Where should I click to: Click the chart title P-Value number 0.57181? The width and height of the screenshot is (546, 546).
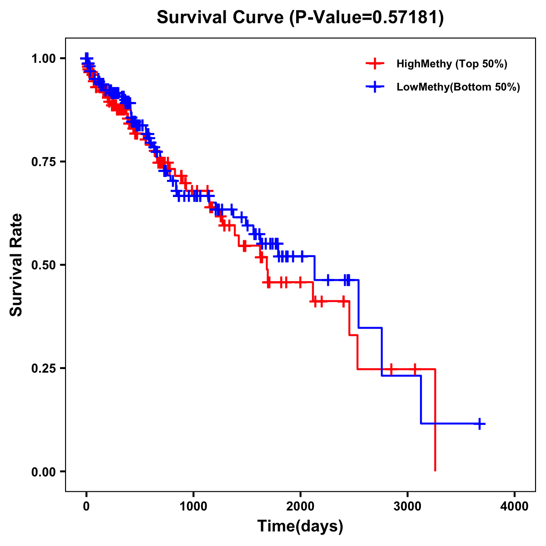point(406,17)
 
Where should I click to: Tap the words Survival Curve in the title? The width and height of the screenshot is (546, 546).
point(221,17)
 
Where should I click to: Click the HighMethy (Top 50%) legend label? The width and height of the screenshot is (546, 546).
point(451,64)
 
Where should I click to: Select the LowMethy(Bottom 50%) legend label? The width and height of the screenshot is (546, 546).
point(458,87)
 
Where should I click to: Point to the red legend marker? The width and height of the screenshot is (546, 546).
point(374,64)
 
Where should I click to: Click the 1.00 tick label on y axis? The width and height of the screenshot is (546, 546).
point(43,58)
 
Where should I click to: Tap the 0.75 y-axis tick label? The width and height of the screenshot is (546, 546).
point(43,162)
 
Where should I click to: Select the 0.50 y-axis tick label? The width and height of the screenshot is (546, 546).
point(43,265)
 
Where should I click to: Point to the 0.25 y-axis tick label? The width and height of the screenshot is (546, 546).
point(43,368)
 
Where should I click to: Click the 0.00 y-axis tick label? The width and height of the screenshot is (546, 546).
point(43,471)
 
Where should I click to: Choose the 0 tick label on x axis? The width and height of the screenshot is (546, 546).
point(86,506)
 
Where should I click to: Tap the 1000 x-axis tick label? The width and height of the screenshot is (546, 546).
point(193,506)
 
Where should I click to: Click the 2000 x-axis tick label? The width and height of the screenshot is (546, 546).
point(300,506)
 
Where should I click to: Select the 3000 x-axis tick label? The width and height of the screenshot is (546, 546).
point(408,506)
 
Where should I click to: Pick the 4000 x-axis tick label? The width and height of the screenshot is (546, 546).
point(515,506)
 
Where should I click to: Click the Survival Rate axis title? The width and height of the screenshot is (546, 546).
point(16,265)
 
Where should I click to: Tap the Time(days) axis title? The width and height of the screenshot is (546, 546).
point(300,526)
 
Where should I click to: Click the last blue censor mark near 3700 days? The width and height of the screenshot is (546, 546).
point(479,424)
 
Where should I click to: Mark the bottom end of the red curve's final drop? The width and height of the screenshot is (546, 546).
point(435,470)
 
